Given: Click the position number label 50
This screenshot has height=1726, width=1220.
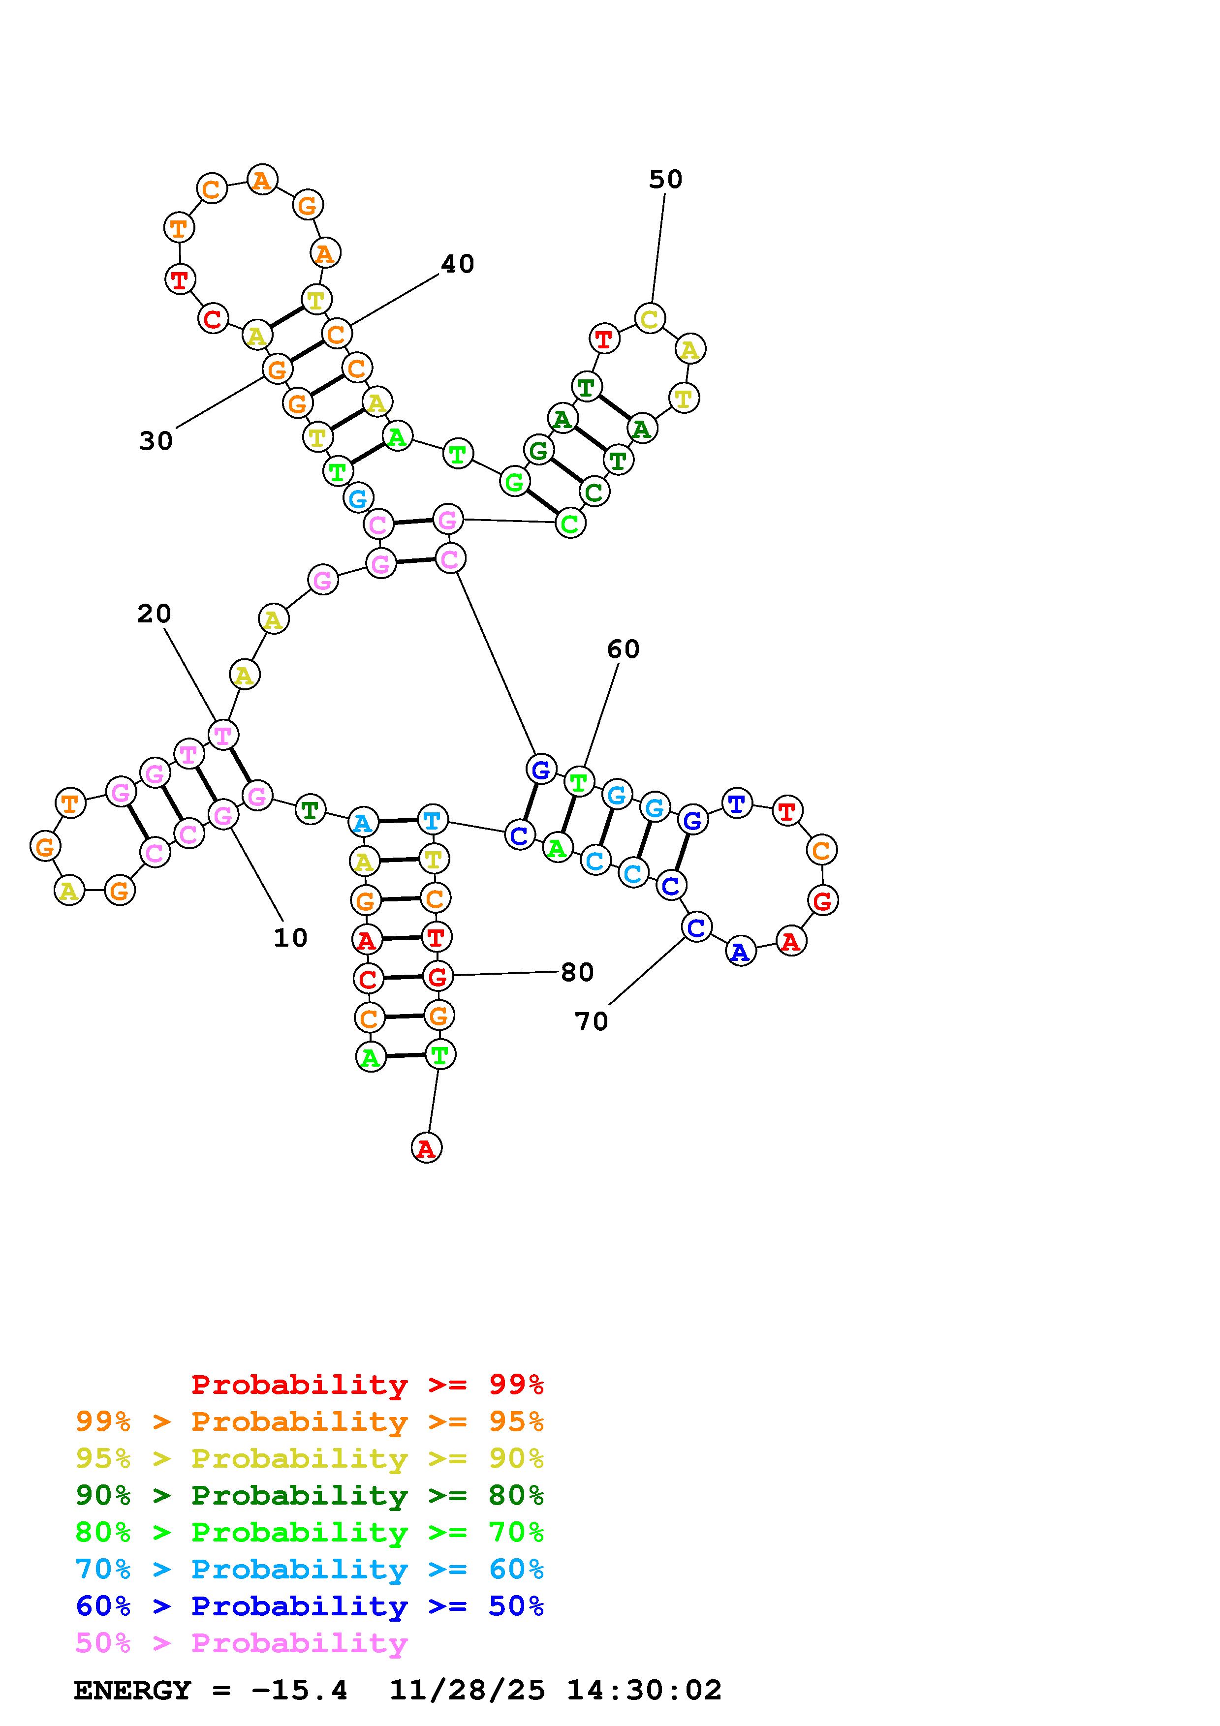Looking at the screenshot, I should pyautogui.click(x=665, y=180).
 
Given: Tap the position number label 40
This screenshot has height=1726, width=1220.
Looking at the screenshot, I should pyautogui.click(x=457, y=264).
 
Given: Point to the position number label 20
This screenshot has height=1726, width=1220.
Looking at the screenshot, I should pyautogui.click(x=154, y=614).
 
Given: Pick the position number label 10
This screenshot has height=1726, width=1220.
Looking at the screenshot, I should pyautogui.click(x=290, y=938).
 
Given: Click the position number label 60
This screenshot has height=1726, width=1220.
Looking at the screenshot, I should pyautogui.click(x=623, y=649).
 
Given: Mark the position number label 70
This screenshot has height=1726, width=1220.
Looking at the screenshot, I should pyautogui.click(x=591, y=1021).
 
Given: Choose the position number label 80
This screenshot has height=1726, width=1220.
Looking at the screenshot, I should pyautogui.click(x=577, y=973).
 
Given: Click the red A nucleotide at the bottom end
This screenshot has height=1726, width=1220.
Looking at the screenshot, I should pyautogui.click(x=426, y=1148).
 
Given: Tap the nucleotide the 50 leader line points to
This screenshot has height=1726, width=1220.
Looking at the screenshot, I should pyautogui.click(x=650, y=318).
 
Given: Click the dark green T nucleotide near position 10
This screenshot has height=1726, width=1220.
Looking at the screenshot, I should pyautogui.click(x=310, y=810).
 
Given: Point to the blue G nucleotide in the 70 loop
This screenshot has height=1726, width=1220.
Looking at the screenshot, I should pyautogui.click(x=692, y=819).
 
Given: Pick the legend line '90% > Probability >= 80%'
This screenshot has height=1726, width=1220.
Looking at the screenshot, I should pyautogui.click(x=309, y=1495).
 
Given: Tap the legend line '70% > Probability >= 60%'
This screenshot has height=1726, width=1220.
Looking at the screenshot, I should pyautogui.click(x=309, y=1569).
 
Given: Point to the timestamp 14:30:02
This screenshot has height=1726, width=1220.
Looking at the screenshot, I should pyautogui.click(x=644, y=1691).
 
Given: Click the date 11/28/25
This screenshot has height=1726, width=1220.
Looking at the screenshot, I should pyautogui.click(x=467, y=1691).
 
